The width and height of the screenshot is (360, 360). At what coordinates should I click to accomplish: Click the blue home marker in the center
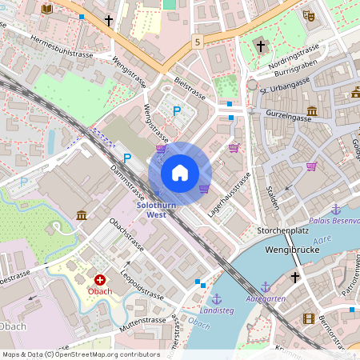(180, 173)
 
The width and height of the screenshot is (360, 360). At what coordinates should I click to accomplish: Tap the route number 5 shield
(197, 40)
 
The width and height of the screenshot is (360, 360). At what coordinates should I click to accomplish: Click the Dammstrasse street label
(127, 182)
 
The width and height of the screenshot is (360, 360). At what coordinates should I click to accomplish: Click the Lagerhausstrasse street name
(230, 194)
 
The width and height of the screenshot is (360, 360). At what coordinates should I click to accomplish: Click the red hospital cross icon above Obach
(100, 279)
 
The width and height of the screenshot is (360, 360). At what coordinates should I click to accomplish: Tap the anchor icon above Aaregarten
(266, 286)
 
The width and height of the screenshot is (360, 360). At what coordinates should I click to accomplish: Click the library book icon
(46, 8)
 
